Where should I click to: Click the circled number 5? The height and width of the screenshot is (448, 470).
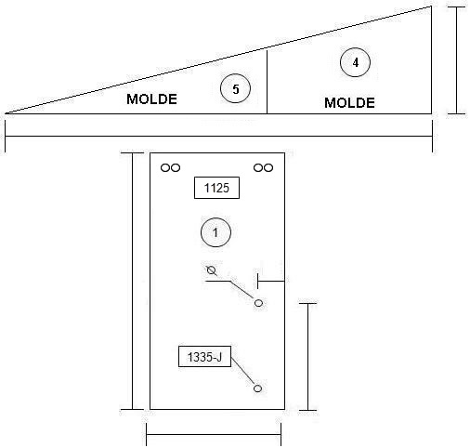coord(235,88)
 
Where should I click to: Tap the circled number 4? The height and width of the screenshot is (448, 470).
coord(355,62)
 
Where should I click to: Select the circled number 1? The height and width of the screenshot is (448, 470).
coord(215,232)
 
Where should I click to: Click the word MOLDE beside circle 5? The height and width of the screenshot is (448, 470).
coord(151,99)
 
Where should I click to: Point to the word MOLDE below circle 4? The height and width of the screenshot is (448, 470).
coord(349,103)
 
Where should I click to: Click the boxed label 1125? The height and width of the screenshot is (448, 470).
coord(216,188)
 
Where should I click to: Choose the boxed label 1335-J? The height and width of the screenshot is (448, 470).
coord(204,357)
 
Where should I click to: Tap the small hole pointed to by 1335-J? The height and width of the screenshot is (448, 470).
coord(257,389)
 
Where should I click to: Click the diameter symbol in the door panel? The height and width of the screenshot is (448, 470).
coord(212,270)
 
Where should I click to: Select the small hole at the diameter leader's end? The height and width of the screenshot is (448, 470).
coord(258,303)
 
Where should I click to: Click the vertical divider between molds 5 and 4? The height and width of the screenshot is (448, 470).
coord(267,82)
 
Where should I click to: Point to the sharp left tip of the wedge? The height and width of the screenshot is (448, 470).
coord(6,113)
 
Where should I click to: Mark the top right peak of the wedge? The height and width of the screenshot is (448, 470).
coord(431,6)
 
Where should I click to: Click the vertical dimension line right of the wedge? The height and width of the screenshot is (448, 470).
coord(457,60)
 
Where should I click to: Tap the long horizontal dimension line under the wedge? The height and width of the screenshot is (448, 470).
coord(218,136)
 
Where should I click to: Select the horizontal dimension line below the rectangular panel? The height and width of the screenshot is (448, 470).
coord(214,434)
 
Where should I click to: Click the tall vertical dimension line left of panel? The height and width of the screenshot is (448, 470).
coord(132,281)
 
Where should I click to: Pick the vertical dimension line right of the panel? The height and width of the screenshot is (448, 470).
coord(307,357)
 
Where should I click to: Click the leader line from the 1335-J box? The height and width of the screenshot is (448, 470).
coord(243,371)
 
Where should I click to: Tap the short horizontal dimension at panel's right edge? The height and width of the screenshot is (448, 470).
coord(271,281)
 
